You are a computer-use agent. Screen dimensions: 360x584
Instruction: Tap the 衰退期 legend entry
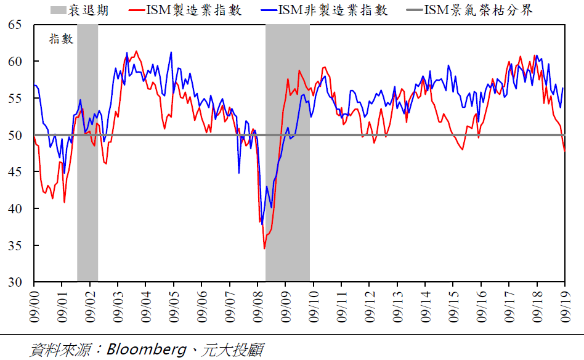[92, 9]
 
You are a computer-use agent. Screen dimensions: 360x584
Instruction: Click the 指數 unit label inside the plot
[61, 39]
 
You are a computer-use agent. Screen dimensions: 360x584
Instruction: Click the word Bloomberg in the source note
[146, 350]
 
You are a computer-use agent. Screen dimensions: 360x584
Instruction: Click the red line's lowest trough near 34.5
[264, 248]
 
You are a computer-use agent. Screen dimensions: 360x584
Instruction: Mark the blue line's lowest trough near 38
[262, 224]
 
